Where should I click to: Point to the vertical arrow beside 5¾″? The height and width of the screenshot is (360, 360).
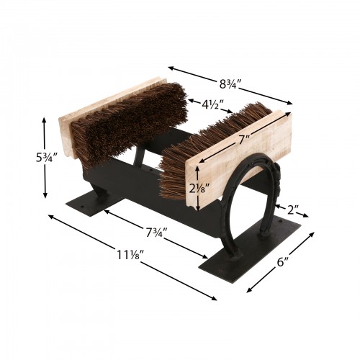click(x=45, y=158)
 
